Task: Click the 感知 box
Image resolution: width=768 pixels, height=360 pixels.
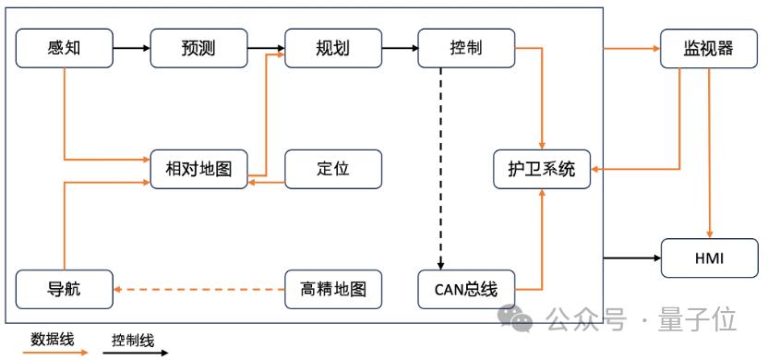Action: click(65, 48)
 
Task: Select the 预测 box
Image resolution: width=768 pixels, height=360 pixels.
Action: click(198, 48)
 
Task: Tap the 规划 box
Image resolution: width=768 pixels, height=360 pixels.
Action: click(333, 48)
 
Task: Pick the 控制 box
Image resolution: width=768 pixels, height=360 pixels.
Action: click(466, 48)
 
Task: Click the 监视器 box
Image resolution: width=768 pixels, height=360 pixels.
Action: click(709, 48)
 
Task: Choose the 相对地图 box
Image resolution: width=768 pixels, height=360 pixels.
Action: click(198, 169)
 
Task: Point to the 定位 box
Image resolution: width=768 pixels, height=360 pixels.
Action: click(333, 169)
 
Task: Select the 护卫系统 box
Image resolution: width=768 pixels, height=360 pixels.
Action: click(542, 169)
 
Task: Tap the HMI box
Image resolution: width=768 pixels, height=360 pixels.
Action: click(709, 258)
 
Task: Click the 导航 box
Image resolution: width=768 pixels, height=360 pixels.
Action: click(65, 289)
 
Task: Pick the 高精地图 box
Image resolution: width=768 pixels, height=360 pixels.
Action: click(333, 289)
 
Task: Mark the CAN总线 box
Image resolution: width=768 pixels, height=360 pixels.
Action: click(466, 289)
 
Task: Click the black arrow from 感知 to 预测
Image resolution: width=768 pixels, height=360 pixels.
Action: click(131, 48)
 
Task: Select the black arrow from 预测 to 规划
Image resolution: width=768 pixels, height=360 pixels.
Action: click(266, 48)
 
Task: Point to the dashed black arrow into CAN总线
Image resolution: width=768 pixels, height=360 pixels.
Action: click(440, 169)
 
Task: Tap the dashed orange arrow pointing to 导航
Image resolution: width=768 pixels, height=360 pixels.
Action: click(198, 289)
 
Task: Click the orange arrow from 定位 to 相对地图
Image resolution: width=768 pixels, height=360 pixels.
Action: click(266, 183)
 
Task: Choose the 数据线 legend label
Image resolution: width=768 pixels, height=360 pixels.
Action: click(53, 339)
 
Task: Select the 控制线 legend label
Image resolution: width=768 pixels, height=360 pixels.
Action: click(133, 340)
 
